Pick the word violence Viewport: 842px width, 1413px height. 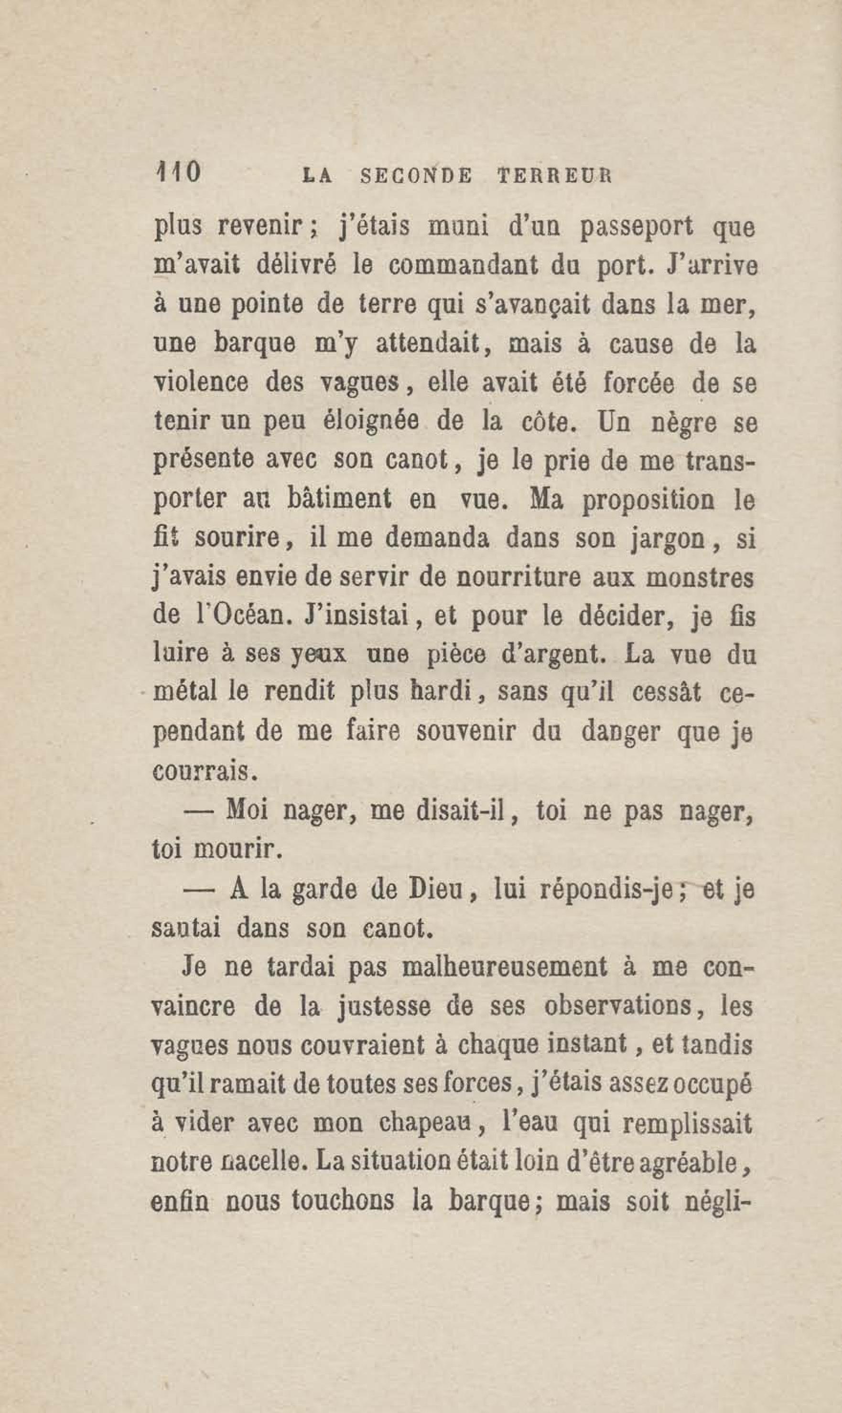pos(201,384)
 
